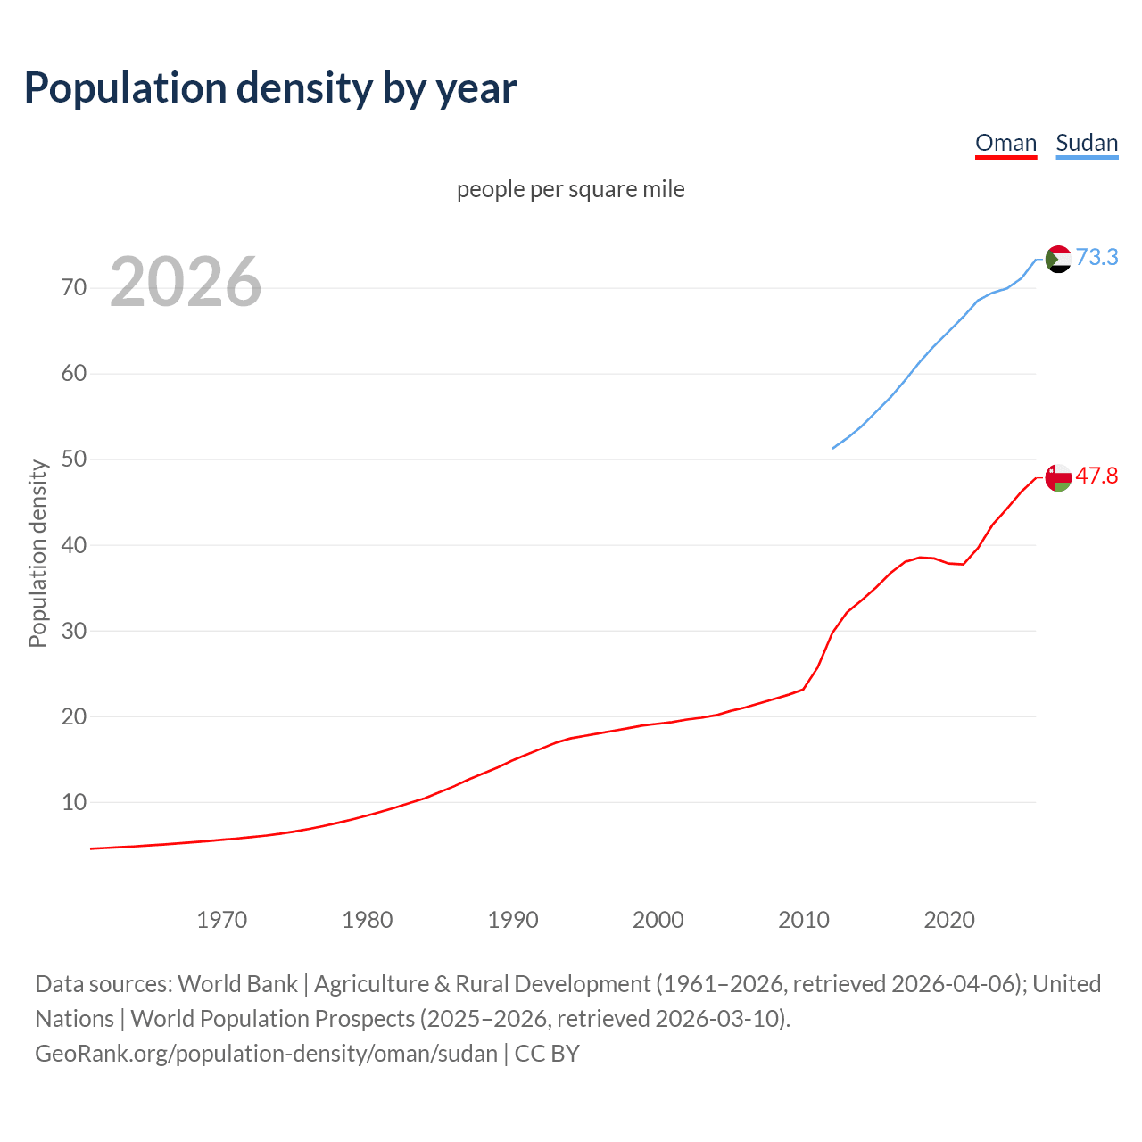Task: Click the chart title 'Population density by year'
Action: point(270,87)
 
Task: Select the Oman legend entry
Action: point(1005,143)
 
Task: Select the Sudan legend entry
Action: point(1087,143)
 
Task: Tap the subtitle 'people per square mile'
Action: point(570,189)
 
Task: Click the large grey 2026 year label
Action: point(186,282)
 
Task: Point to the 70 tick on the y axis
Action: point(74,287)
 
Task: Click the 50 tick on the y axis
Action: point(74,459)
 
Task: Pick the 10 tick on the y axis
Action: point(74,802)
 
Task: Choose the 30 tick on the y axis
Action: point(74,631)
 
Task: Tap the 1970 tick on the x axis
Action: point(221,920)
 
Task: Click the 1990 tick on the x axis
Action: point(513,920)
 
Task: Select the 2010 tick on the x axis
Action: point(804,920)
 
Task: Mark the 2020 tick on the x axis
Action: point(949,920)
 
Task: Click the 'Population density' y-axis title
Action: point(37,553)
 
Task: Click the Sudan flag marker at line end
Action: point(1058,259)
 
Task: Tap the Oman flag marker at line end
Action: point(1058,477)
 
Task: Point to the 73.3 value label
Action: point(1096,257)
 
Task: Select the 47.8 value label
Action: point(1096,476)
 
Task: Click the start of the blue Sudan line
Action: point(833,448)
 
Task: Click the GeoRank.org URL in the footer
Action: point(266,1053)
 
